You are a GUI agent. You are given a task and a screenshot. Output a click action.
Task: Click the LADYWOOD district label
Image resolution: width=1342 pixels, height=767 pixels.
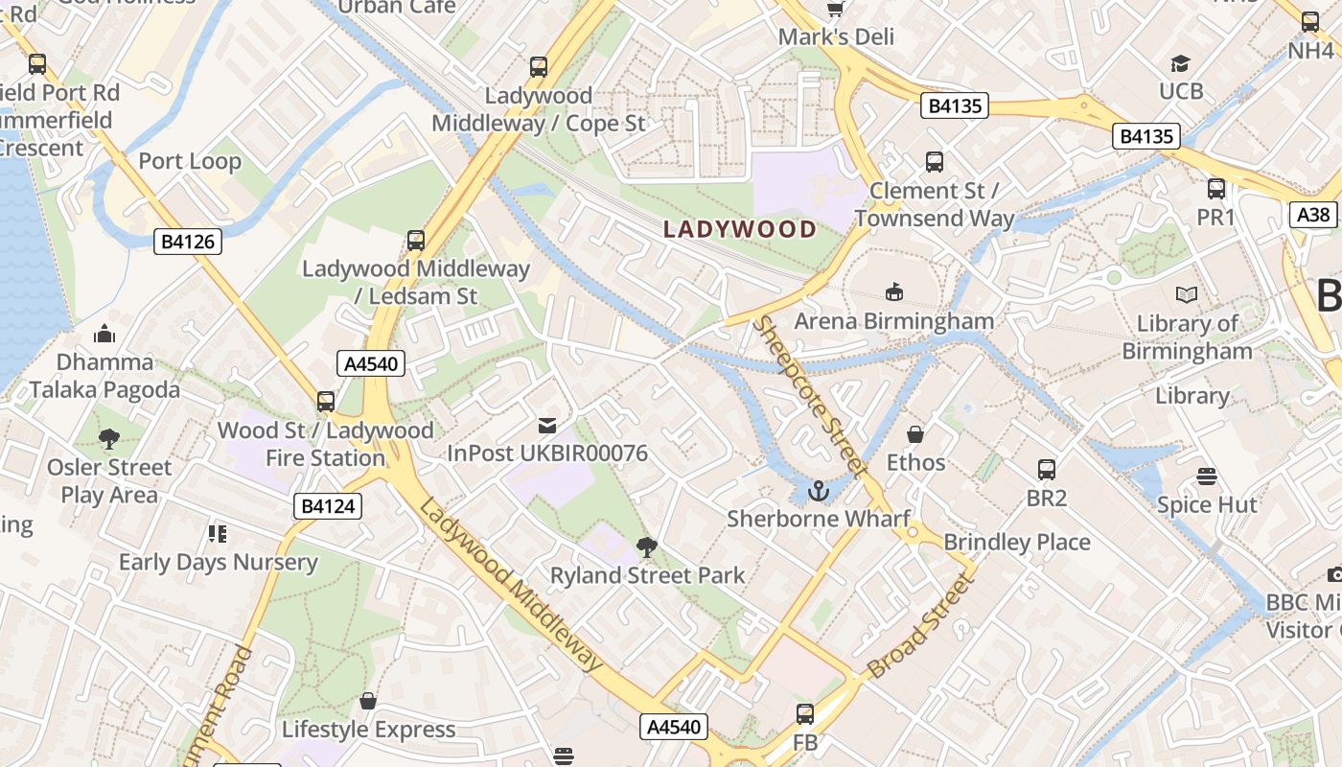tap(740, 230)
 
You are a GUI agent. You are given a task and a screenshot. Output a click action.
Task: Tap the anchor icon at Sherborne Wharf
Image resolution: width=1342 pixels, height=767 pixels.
tap(818, 492)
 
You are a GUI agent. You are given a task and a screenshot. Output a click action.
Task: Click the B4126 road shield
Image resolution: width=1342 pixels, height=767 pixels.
tap(188, 242)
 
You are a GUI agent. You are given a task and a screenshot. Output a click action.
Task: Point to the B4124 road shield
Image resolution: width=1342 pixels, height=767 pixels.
tap(328, 506)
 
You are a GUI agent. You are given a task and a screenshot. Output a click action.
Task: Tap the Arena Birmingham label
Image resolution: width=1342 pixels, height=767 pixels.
tap(893, 320)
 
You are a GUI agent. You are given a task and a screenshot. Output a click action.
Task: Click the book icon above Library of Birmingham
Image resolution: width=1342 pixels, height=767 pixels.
tap(1186, 295)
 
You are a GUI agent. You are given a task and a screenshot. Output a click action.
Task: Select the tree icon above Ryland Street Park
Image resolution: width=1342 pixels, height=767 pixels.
tap(647, 547)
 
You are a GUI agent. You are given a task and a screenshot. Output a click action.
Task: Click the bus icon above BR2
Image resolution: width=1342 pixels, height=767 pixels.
tap(1046, 470)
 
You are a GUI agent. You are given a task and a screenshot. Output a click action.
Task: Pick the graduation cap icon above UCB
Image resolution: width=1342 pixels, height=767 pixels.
tap(1180, 63)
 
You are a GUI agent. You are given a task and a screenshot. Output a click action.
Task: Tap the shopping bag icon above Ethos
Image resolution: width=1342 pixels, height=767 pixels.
tap(915, 434)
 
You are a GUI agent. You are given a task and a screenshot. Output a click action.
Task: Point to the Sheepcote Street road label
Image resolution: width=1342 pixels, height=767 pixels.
tap(809, 395)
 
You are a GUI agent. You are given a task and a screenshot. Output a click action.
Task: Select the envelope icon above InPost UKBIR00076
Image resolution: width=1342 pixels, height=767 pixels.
tap(547, 425)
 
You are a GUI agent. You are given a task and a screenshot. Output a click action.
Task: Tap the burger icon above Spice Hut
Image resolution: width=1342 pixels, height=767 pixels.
tap(1206, 476)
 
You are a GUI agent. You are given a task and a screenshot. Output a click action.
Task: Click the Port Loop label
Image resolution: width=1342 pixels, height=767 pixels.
tap(190, 161)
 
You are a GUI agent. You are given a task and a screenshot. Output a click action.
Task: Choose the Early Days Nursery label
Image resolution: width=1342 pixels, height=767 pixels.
tap(218, 562)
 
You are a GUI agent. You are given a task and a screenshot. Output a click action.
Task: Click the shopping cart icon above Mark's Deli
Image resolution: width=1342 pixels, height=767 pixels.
tap(836, 9)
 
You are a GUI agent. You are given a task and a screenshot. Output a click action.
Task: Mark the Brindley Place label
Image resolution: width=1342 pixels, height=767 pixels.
tap(1017, 542)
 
